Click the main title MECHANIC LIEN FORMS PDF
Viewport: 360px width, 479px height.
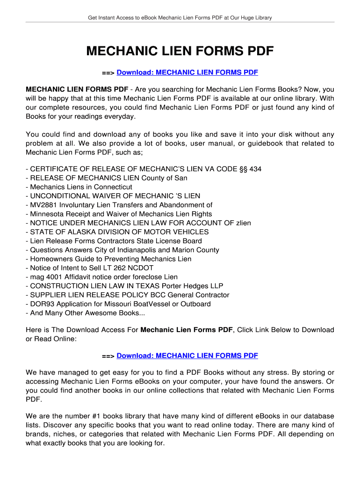click(180, 51)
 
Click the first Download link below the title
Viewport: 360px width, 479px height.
click(187, 73)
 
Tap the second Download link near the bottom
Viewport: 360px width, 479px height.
click(187, 356)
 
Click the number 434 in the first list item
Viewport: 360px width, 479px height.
click(255, 169)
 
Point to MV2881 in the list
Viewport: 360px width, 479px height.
click(43, 205)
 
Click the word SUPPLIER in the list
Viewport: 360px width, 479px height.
click(49, 295)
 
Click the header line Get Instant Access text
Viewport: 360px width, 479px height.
click(180, 18)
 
